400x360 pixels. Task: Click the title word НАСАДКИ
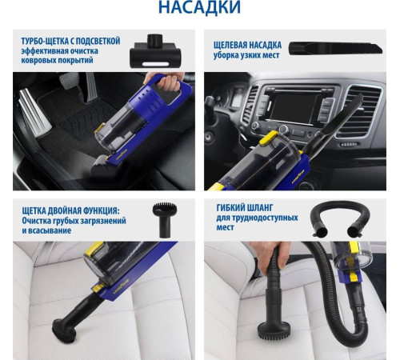(x=199, y=6)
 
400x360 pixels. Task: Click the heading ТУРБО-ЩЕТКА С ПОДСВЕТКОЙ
(x=70, y=41)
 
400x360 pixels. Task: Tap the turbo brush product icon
(x=155, y=51)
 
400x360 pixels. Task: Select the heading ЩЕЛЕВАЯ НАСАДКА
(x=247, y=45)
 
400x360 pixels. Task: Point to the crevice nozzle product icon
(x=336, y=48)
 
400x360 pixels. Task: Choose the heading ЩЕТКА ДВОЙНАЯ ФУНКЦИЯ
(x=71, y=210)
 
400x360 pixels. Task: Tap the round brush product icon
(x=164, y=220)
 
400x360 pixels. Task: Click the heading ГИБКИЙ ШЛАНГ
(x=245, y=208)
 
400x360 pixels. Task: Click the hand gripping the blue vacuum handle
(x=166, y=81)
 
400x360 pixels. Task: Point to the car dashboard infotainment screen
(x=293, y=108)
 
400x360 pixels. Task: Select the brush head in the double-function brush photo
(x=64, y=330)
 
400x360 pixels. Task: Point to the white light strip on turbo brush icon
(x=155, y=64)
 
